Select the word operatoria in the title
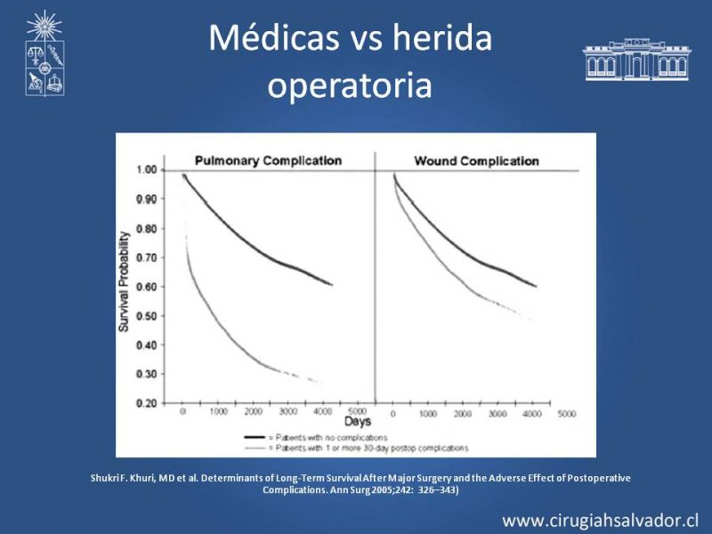pyautogui.click(x=349, y=85)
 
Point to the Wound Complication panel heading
pyautogui.click(x=477, y=161)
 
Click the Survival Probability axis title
pyautogui.click(x=125, y=283)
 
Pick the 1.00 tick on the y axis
pyautogui.click(x=145, y=169)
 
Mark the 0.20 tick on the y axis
pyautogui.click(x=145, y=403)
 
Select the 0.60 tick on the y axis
pyautogui.click(x=145, y=287)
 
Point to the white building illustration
pyautogui.click(x=636, y=60)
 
